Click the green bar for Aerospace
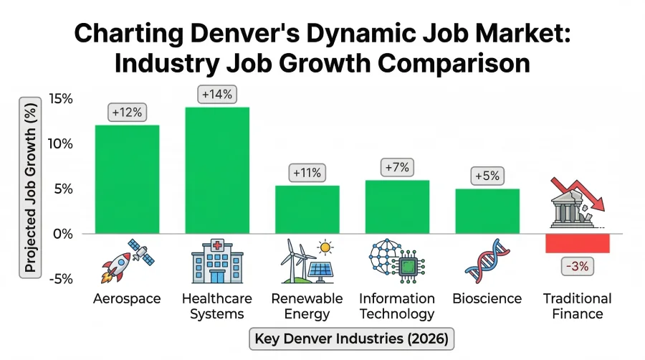pos(127,179)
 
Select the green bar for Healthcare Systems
pos(217,170)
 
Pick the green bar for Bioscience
pos(487,211)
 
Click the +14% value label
pos(217,94)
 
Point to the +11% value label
pos(307,172)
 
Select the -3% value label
pos(577,267)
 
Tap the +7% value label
pos(397,167)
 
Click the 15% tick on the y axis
pos(61,98)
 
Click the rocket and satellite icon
pos(127,261)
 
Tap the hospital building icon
pos(217,261)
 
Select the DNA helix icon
pos(487,261)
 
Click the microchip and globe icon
pos(396,261)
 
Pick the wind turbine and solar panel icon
pos(307,261)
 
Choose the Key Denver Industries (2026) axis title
pos(352,338)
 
